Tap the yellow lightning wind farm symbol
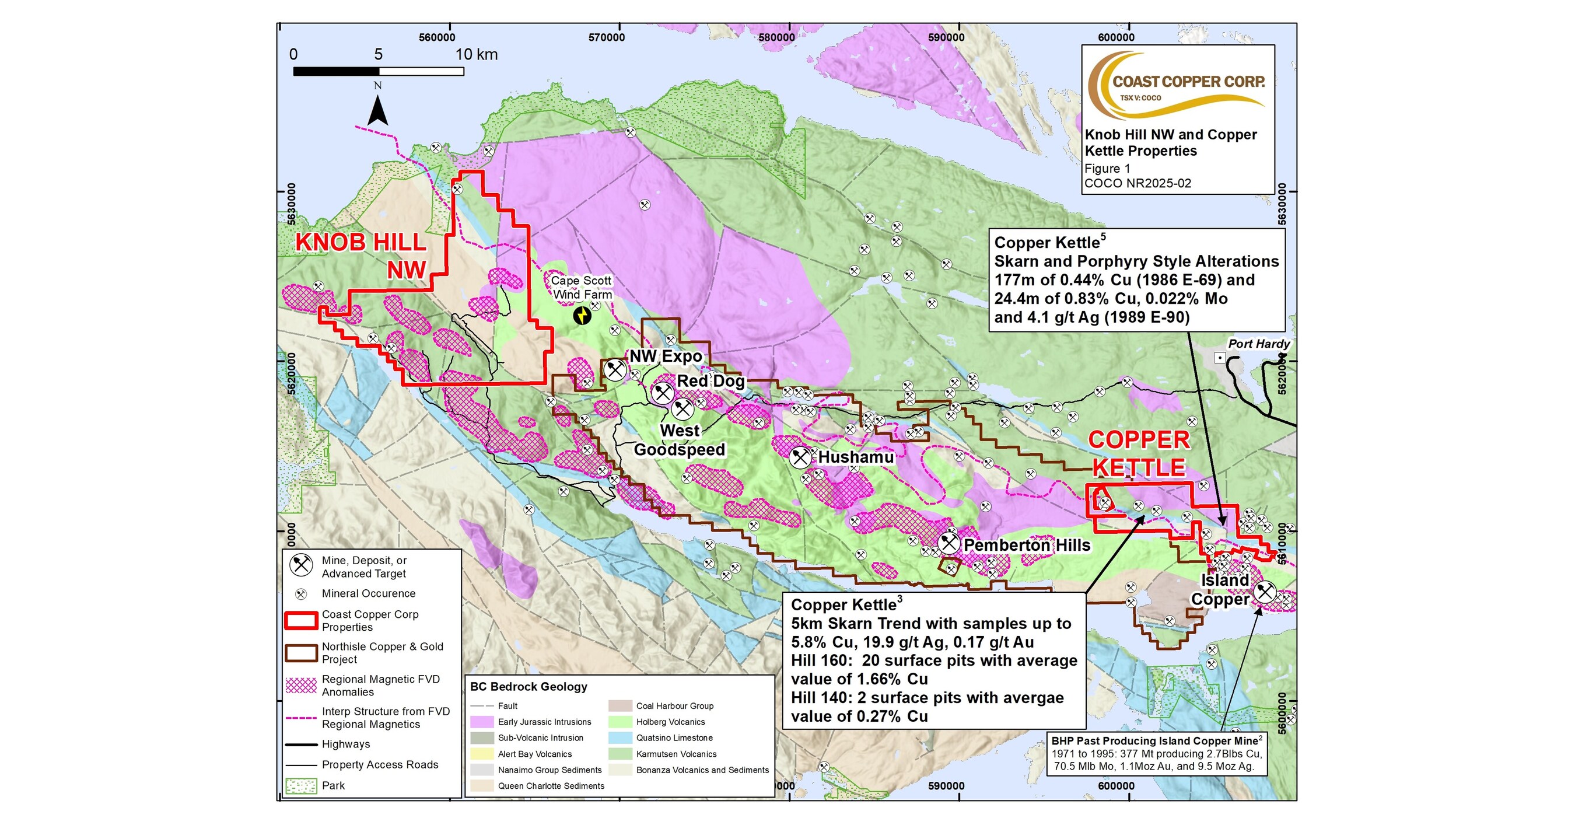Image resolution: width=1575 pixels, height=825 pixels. coord(582,316)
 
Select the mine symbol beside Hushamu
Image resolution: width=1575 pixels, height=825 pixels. coord(800,457)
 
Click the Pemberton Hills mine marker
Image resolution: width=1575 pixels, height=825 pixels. coord(949,543)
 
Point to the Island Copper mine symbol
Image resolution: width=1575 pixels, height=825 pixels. coord(1265,592)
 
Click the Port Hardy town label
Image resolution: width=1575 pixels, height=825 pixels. coord(1258,344)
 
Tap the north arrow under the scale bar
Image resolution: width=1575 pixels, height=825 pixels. coord(378,110)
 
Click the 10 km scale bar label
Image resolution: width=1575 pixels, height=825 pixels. coord(476,54)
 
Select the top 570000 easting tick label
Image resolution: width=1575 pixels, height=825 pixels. coord(607,37)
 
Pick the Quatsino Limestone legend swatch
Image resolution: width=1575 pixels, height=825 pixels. coord(620,737)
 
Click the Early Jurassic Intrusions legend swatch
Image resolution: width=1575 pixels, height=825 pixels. coord(482,722)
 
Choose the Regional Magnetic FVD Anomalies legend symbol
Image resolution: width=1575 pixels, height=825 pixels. coord(301,685)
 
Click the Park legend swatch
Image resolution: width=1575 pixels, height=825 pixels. coord(301,785)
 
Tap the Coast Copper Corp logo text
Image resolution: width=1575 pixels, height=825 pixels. coord(1188,82)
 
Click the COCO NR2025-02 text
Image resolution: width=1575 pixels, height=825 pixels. coord(1137,183)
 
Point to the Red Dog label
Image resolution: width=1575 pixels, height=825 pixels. coord(710,381)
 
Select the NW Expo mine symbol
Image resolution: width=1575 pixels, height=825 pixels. coord(615,369)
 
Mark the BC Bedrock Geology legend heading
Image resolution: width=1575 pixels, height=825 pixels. coord(528,686)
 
